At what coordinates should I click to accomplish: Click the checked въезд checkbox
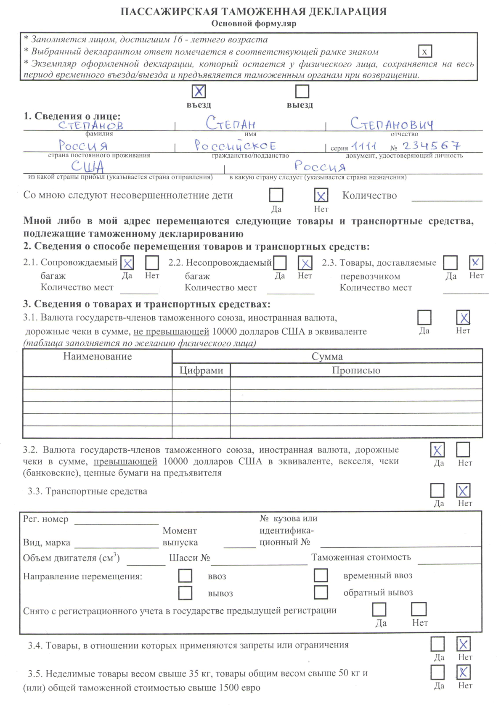coord(199,91)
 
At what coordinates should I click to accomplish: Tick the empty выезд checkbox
coord(302,91)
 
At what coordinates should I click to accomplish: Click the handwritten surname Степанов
coord(91,125)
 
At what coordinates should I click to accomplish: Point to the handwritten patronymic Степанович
coord(392,124)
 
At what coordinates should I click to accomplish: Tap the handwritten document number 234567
coord(431,145)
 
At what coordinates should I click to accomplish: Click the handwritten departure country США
coord(87,167)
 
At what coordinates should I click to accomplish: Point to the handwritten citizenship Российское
coord(235,145)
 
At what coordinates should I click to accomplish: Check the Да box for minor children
coord(276,195)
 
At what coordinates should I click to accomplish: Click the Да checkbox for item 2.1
coord(127,263)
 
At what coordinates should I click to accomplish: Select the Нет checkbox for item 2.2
coord(305,263)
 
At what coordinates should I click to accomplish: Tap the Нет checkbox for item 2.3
coord(476,262)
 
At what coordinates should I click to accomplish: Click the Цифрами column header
coord(201,370)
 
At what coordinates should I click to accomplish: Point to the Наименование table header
coord(98,357)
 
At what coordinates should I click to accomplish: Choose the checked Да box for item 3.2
coord(437,450)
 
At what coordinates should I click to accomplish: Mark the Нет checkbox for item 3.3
coord(463,490)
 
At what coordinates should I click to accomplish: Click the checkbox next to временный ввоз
coord(321,575)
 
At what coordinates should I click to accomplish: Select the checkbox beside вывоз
coord(185,593)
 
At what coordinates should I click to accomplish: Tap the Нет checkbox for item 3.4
coord(463,644)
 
